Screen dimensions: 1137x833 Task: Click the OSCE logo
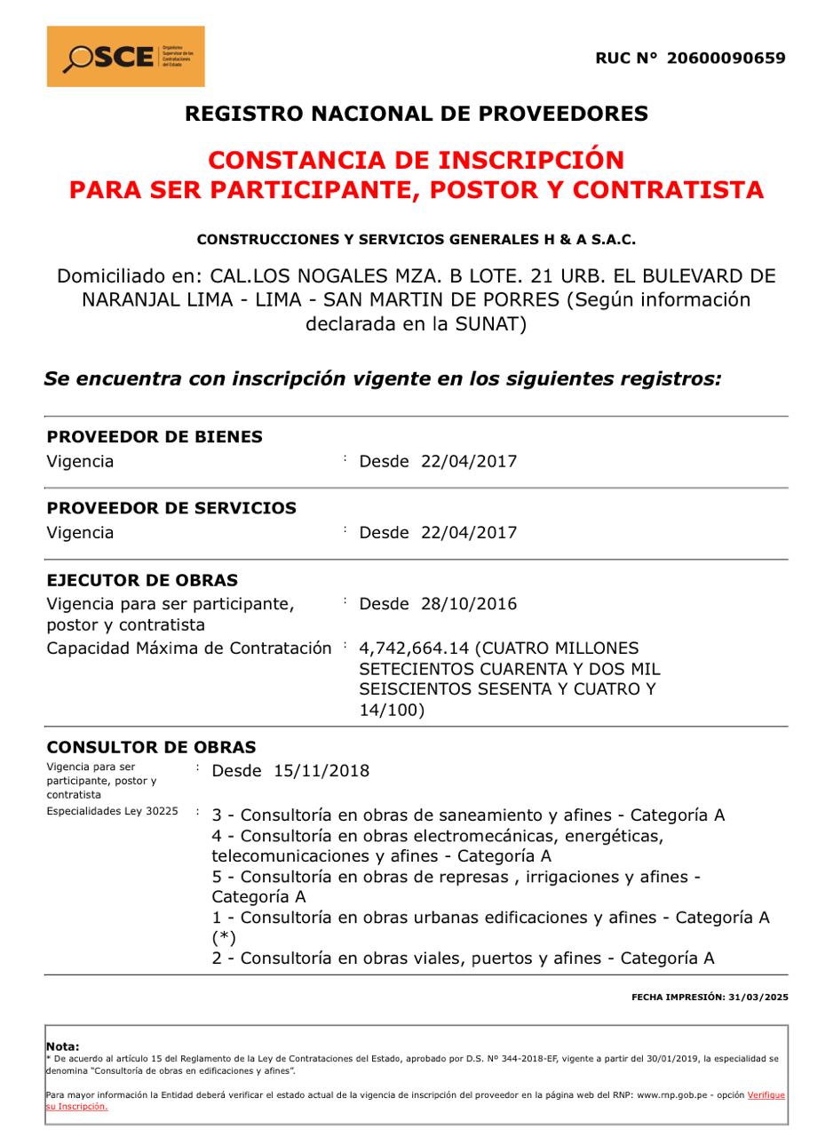coord(125,57)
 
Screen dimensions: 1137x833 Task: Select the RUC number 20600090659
coord(726,59)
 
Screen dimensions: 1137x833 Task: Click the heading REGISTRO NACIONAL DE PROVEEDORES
coord(416,114)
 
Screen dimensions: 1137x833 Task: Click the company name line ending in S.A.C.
coord(416,240)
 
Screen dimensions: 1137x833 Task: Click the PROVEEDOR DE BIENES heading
coord(155,437)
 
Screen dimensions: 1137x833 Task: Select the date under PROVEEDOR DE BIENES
coord(469,462)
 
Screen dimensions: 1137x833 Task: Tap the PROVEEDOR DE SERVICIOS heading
coord(171,508)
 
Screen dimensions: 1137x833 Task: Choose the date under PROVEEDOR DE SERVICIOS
coord(469,533)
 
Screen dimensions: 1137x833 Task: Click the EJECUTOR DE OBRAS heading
coord(142,581)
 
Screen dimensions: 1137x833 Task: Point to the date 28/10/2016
coord(469,604)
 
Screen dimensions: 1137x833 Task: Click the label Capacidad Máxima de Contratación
coord(188,648)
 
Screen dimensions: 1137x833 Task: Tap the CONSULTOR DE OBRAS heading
coord(151,747)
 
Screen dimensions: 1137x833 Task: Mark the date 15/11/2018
coord(321,771)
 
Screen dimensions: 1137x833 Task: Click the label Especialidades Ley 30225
coord(112,812)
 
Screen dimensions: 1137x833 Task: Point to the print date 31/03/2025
coord(760,998)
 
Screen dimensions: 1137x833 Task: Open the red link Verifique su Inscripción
coord(766,1095)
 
